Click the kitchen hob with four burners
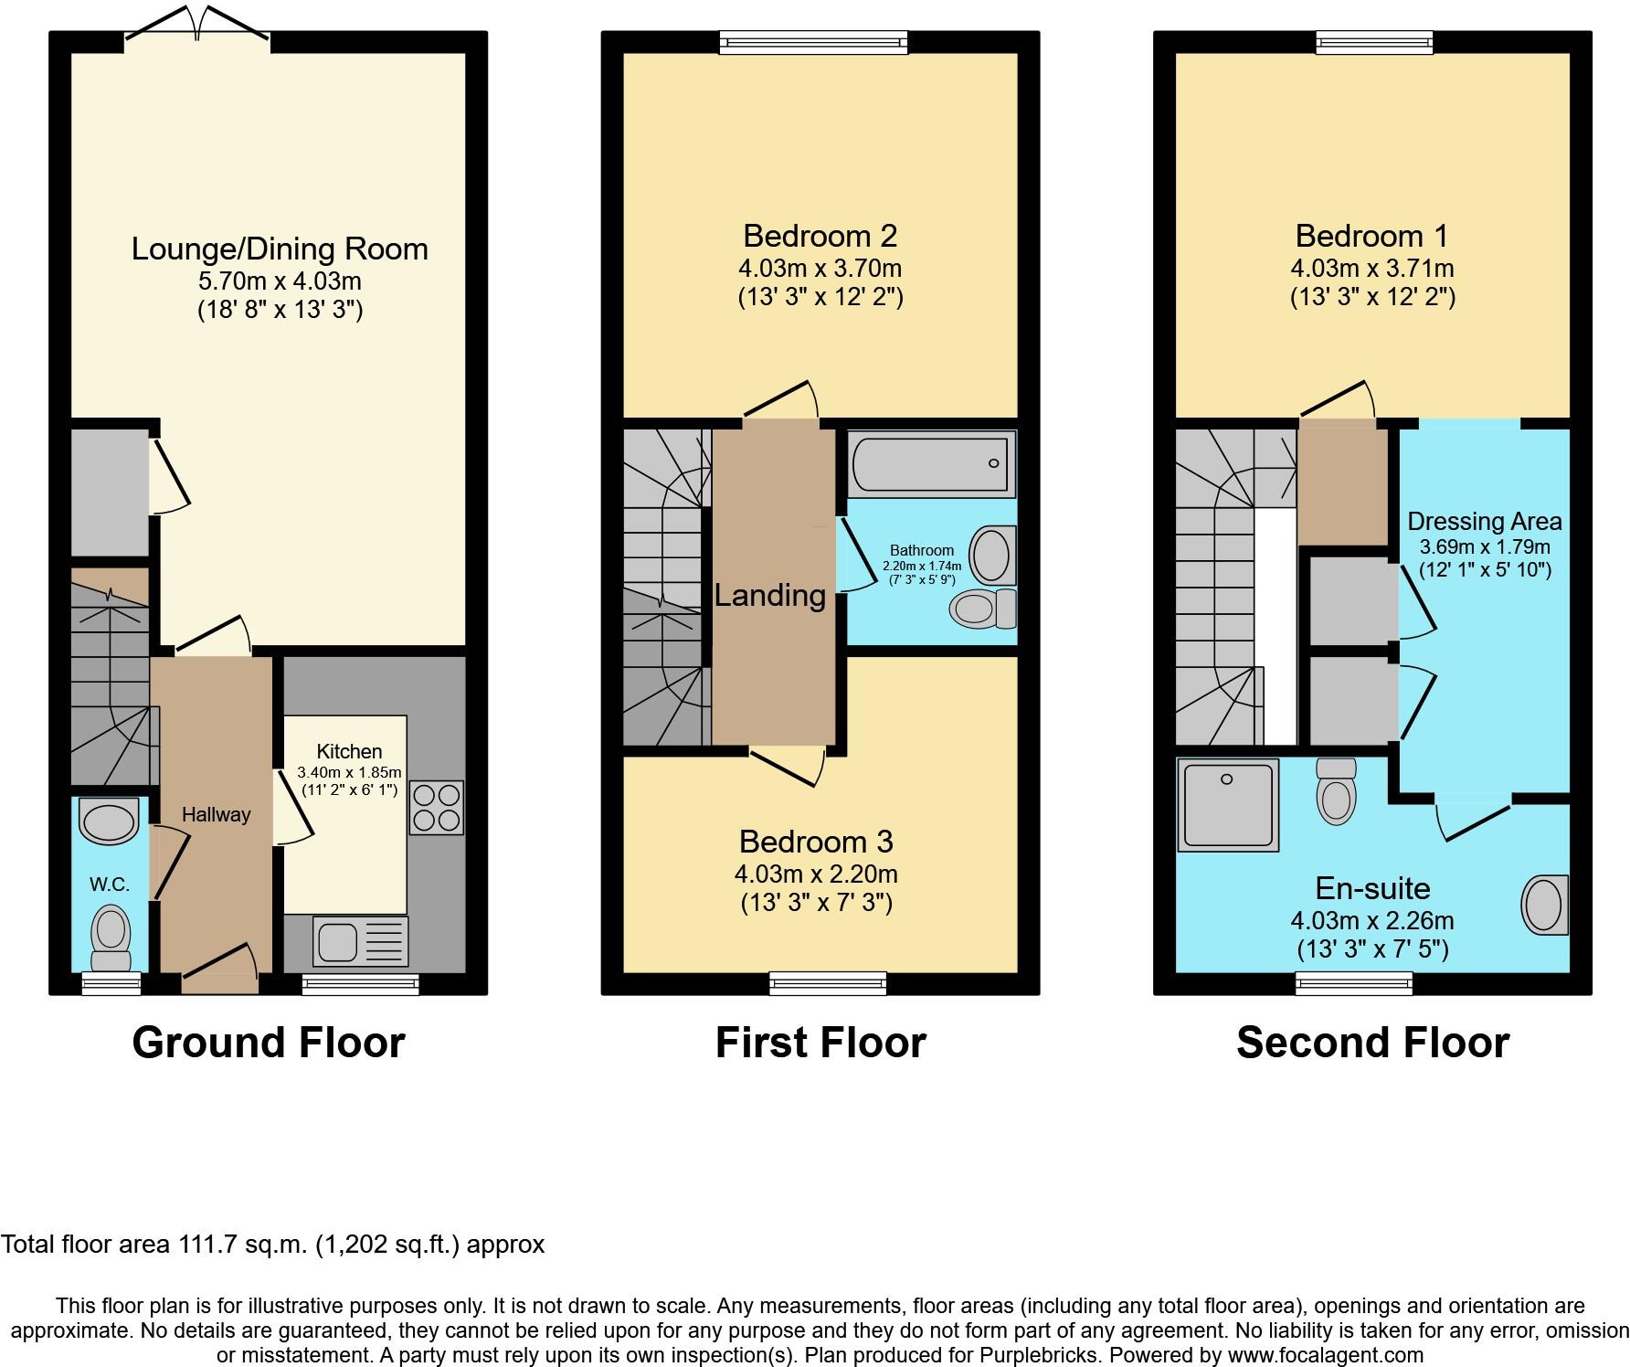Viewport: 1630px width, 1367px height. click(437, 807)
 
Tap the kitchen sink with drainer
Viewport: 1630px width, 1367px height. click(360, 941)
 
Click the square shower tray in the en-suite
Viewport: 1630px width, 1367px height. click(1228, 803)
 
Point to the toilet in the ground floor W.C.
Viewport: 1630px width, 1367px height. click(111, 938)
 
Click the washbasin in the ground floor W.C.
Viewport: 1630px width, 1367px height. click(109, 820)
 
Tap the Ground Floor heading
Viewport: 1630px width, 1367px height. click(268, 1043)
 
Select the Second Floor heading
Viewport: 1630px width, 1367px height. click(1372, 1043)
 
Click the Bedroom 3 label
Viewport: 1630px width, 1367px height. click(816, 841)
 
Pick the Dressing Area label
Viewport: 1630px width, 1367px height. click(1484, 522)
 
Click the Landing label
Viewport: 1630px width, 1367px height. click(770, 596)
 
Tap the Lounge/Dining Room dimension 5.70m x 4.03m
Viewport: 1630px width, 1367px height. click(280, 281)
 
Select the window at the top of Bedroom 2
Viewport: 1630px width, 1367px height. click(813, 42)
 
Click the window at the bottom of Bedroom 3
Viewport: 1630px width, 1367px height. click(827, 983)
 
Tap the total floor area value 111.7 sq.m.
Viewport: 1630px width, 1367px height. click(242, 1245)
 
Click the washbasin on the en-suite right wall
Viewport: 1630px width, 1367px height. click(1543, 905)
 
